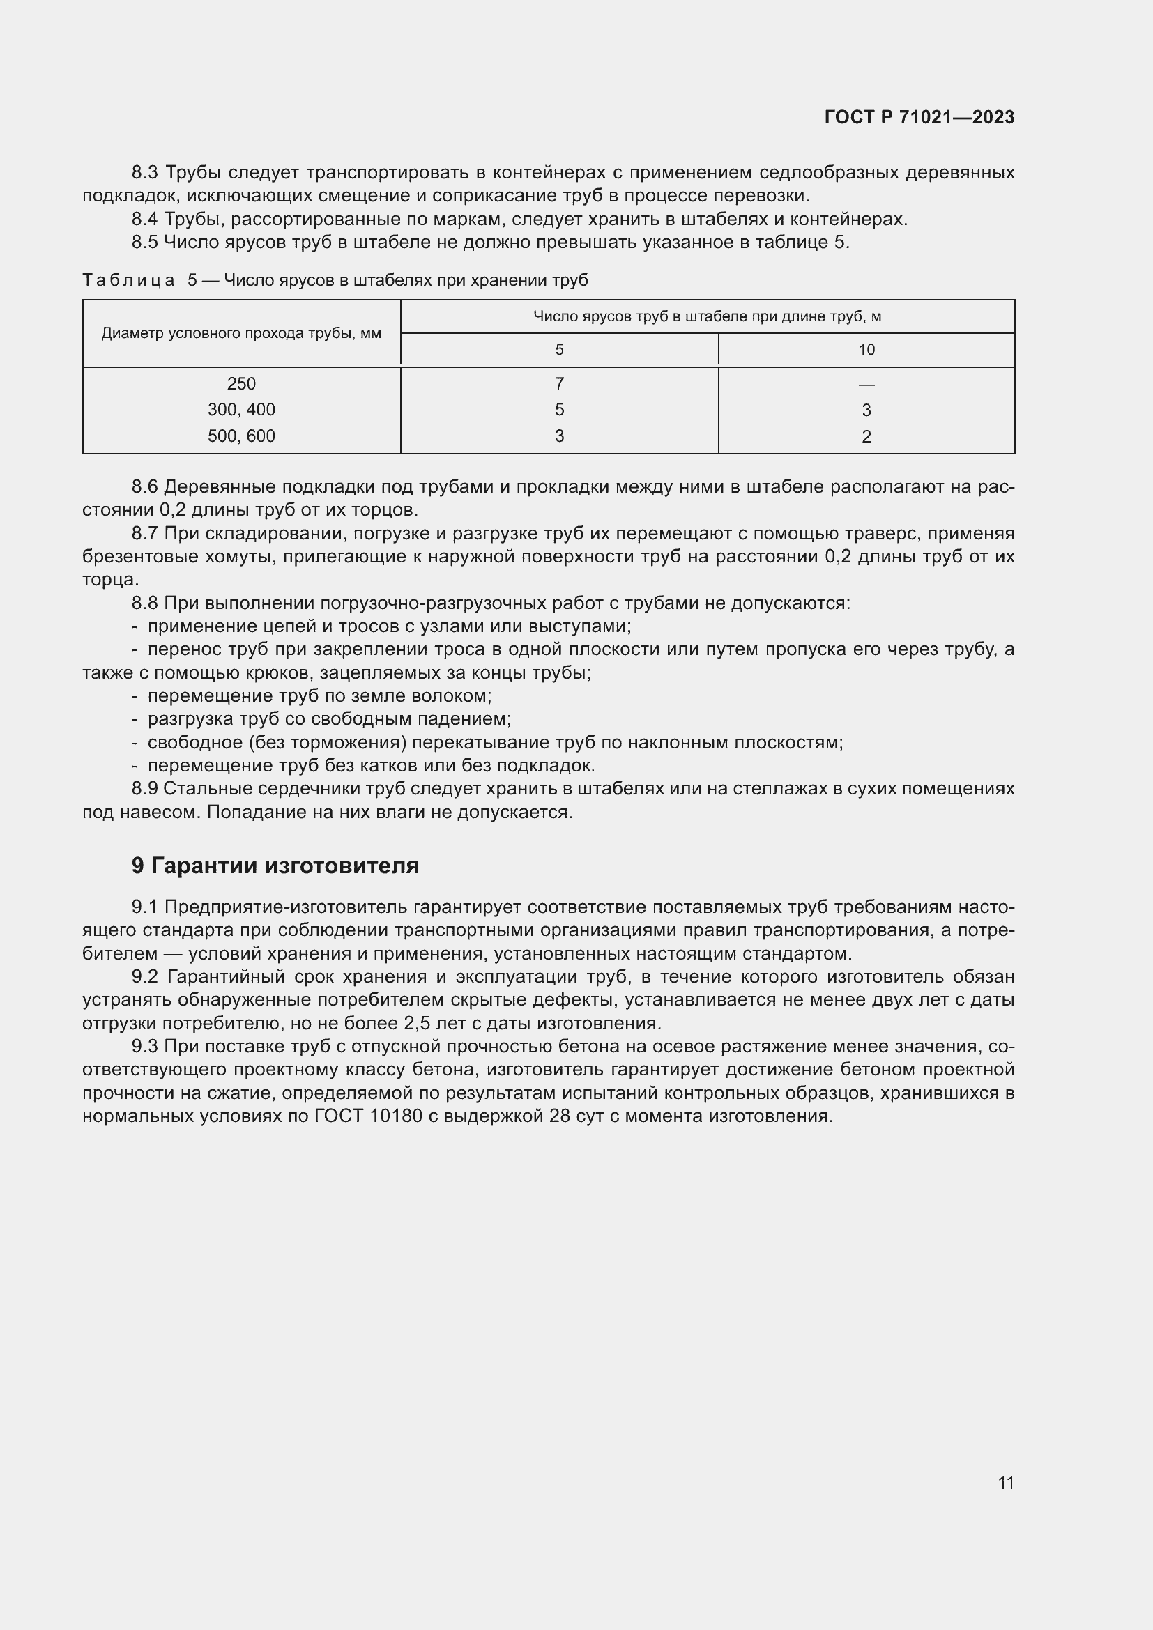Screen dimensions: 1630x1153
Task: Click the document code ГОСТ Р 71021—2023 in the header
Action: click(919, 117)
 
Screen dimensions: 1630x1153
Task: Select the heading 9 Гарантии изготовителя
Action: click(275, 866)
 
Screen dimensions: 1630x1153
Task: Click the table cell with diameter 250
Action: click(241, 384)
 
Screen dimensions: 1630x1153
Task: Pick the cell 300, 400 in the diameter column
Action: click(241, 410)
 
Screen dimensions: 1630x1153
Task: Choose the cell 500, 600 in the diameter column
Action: click(241, 436)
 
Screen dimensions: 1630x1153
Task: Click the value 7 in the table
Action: click(560, 384)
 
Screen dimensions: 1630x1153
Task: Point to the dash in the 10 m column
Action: click(866, 385)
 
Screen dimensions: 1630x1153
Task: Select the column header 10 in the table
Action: click(866, 349)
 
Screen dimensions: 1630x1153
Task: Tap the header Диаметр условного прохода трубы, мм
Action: click(241, 333)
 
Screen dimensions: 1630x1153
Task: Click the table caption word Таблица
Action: click(128, 280)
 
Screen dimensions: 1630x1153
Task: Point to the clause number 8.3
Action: click(146, 173)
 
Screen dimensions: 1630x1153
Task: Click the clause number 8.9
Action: click(146, 789)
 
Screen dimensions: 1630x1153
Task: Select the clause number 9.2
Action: click(146, 977)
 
